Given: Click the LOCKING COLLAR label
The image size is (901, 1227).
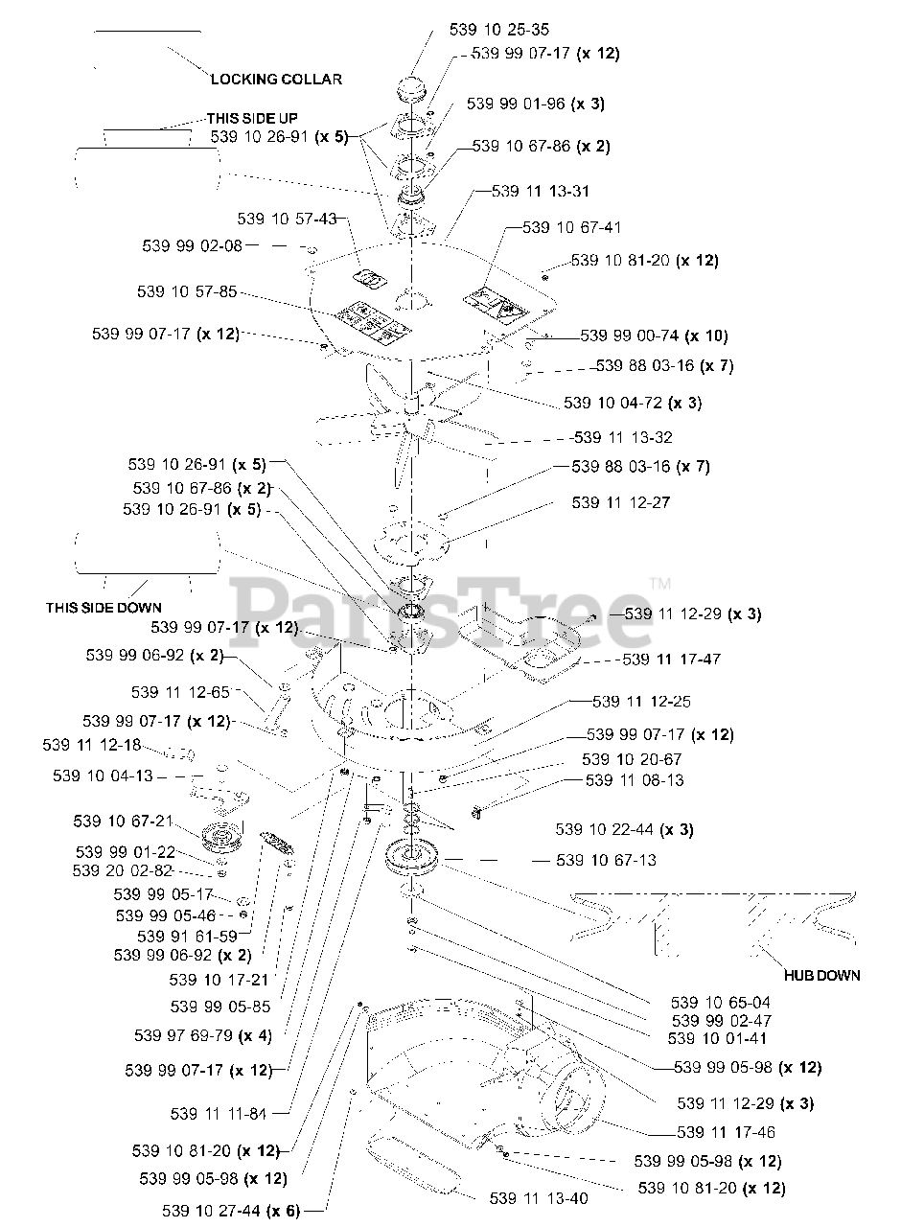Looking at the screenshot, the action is tap(276, 80).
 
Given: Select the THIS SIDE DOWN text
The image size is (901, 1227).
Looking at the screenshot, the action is tap(104, 608).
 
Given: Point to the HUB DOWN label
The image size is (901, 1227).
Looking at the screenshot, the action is tap(821, 975).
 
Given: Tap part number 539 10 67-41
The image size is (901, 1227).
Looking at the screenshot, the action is tap(572, 228).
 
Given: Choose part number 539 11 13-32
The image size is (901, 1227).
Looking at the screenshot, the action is tap(623, 437).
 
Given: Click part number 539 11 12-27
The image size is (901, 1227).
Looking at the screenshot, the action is tap(620, 502).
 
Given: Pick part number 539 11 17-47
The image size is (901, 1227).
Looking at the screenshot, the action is tap(672, 660).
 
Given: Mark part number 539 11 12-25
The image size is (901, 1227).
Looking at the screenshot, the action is tap(641, 702).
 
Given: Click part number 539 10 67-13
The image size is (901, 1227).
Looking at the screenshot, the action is tap(606, 860).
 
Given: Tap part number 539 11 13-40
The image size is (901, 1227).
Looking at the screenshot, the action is tap(539, 1198).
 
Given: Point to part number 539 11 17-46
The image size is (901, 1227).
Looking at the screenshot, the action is tap(726, 1132).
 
